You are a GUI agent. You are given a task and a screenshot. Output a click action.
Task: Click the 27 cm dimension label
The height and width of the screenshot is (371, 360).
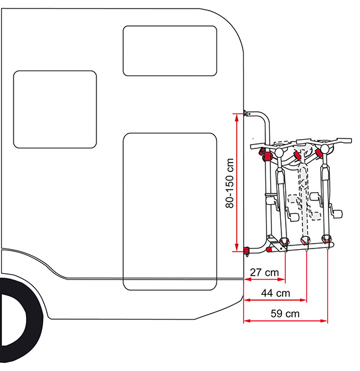tap(264, 272)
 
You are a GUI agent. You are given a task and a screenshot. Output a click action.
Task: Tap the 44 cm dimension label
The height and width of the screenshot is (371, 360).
tap(275, 293)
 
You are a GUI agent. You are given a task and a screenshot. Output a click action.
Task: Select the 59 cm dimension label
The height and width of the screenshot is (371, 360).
tap(285, 313)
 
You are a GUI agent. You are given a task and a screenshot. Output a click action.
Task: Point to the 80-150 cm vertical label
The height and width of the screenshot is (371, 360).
tap(229, 184)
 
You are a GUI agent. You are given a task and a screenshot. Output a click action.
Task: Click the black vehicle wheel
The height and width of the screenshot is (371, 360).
tap(20, 320)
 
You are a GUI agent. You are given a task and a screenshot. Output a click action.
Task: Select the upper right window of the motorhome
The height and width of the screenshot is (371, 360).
tap(169, 51)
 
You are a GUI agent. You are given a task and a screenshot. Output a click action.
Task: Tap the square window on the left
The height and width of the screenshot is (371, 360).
tap(55, 109)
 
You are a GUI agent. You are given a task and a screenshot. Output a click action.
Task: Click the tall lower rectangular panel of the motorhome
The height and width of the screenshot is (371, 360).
tap(169, 211)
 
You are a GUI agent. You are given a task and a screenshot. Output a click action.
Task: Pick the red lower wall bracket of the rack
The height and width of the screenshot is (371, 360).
tap(246, 250)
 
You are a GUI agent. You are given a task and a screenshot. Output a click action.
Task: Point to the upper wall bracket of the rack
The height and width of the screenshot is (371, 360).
tap(247, 113)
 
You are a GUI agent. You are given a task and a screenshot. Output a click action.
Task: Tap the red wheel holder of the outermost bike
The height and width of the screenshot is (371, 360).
tap(326, 239)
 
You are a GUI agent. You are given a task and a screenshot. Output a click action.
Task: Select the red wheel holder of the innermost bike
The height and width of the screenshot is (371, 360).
tap(284, 242)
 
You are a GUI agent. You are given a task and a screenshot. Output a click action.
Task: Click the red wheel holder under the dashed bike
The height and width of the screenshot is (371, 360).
tap(305, 241)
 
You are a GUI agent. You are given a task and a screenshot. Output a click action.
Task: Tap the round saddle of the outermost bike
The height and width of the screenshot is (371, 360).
tap(325, 148)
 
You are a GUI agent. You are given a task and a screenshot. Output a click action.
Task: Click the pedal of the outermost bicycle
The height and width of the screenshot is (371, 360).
tap(337, 213)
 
